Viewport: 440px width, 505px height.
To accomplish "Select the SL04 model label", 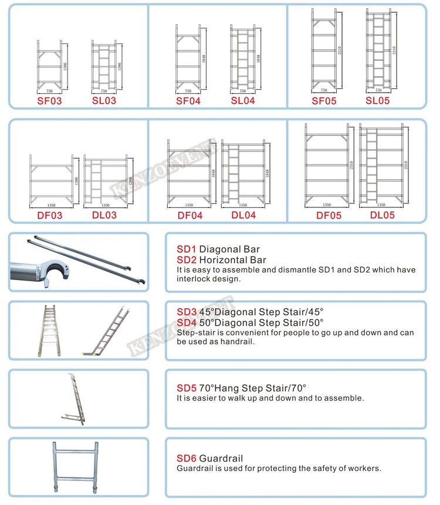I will [242, 101].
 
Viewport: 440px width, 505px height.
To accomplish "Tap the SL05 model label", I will [377, 101].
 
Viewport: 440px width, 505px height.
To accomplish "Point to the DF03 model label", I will [49, 216].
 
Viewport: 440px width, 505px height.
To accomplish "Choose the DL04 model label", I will [243, 216].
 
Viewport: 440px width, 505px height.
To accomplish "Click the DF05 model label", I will [329, 216].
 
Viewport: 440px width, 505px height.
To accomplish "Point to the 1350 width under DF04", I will [189, 206].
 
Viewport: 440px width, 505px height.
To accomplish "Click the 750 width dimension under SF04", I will [188, 91].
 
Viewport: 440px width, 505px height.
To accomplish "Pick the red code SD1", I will [187, 250].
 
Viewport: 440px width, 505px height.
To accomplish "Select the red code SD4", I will [187, 323].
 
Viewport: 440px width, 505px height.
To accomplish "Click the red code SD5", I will [187, 388].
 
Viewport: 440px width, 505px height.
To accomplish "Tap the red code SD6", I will [187, 458].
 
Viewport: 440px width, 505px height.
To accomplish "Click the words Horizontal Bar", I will [232, 260].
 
